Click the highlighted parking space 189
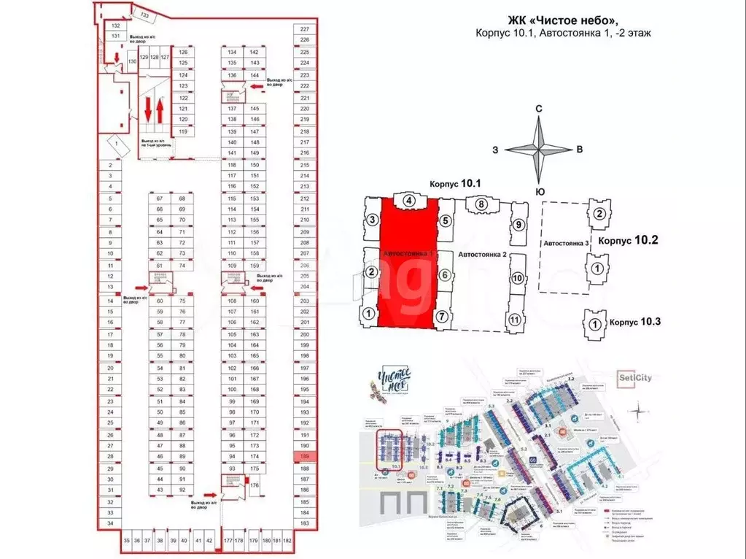305,457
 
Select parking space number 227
305,28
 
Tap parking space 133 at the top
144,15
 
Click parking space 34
110,523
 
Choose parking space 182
287,541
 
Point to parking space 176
255,485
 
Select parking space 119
184,131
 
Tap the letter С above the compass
538,109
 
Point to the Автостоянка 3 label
565,243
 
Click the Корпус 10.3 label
634,322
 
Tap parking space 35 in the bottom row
126,541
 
